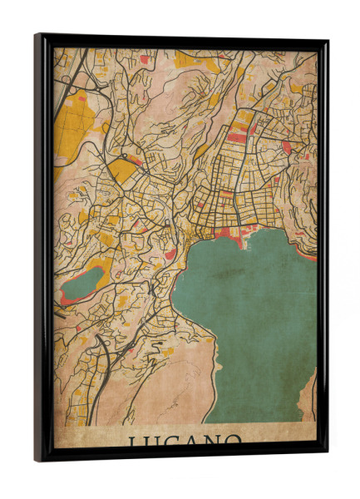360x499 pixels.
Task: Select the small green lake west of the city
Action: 81,285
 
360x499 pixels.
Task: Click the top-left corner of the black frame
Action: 37,37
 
